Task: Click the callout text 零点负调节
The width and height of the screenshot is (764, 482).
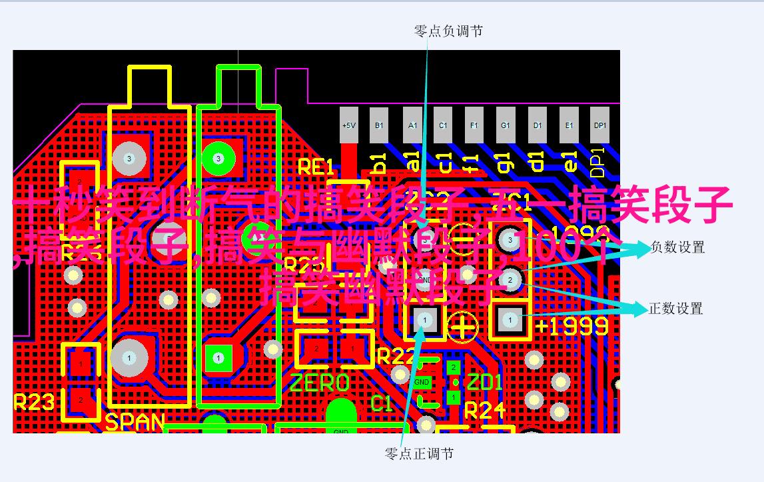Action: (x=448, y=31)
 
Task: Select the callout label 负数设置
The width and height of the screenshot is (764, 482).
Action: (x=677, y=247)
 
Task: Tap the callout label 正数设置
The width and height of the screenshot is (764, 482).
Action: (x=676, y=309)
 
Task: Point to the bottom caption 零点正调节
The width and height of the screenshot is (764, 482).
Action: (x=420, y=454)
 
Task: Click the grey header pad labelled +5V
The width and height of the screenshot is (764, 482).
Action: (x=348, y=125)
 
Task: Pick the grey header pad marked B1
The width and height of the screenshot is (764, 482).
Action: (x=379, y=125)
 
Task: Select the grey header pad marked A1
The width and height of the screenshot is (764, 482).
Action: (x=412, y=125)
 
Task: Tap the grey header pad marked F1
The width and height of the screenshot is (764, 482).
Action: (x=474, y=125)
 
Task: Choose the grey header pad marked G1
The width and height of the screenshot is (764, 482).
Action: (x=506, y=125)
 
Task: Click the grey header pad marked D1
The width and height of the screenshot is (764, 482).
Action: (x=538, y=125)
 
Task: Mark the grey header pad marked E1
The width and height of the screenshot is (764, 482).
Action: (x=570, y=125)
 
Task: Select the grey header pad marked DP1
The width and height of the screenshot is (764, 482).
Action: (x=600, y=125)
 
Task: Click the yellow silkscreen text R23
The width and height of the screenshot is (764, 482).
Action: (x=33, y=402)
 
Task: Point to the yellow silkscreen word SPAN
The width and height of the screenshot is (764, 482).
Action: (x=135, y=422)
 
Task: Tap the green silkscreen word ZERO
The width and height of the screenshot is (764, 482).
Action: (x=319, y=383)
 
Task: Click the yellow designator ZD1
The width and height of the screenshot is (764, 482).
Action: (x=484, y=383)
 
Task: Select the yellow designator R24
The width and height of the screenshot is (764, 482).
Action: (x=485, y=411)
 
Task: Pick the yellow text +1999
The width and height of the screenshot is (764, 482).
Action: (x=572, y=326)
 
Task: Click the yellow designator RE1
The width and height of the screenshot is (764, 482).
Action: (x=315, y=167)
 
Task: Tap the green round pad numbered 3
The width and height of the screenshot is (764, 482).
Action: (x=217, y=159)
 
